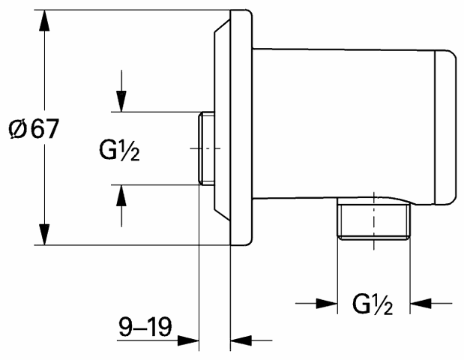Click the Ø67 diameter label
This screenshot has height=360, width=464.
(x=34, y=128)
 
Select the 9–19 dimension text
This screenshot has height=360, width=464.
(x=145, y=326)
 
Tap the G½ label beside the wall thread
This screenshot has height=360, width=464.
(x=119, y=151)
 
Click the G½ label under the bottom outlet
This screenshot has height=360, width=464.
(x=373, y=304)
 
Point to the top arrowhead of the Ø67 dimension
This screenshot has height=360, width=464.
(x=44, y=20)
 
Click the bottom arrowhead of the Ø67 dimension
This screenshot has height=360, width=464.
(x=44, y=235)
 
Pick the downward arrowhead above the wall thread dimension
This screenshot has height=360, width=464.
(x=121, y=101)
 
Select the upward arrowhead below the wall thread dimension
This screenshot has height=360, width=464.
(x=121, y=196)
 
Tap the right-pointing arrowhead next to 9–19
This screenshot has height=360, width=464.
(x=188, y=340)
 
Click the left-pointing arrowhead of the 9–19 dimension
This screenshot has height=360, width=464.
(x=241, y=340)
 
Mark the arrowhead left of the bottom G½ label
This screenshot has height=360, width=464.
(x=327, y=304)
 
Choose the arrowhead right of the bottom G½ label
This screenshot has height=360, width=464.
(x=421, y=304)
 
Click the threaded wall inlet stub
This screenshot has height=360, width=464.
(x=207, y=148)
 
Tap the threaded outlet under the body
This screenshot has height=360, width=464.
(x=374, y=219)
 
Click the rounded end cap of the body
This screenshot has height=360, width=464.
(x=445, y=127)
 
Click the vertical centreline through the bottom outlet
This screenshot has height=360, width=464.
(x=374, y=220)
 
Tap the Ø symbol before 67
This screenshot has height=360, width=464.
(x=18, y=129)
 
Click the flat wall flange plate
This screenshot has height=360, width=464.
(x=241, y=127)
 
